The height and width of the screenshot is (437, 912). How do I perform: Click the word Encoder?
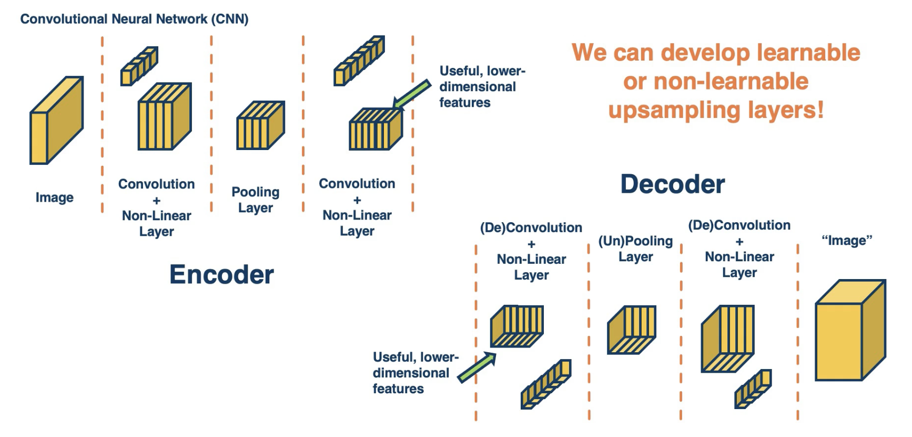(x=221, y=274)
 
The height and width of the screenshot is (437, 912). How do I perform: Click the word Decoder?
(x=672, y=184)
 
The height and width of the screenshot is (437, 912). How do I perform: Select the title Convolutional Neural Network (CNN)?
(x=134, y=19)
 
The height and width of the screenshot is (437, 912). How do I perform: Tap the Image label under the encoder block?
(x=54, y=197)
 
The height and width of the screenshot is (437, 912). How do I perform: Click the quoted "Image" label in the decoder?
(x=846, y=241)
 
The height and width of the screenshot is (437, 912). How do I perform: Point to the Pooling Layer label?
(x=255, y=200)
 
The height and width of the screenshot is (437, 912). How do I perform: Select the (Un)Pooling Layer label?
(x=635, y=249)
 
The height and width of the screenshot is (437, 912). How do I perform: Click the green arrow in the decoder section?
(x=477, y=367)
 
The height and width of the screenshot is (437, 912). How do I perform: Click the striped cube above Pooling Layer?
(x=260, y=125)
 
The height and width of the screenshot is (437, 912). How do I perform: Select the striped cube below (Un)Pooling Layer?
(x=632, y=330)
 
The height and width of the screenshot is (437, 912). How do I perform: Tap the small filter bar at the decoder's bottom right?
(x=753, y=389)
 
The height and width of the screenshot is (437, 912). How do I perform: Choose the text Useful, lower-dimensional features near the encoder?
(x=482, y=87)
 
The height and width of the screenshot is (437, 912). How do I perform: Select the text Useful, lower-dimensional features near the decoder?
(x=415, y=373)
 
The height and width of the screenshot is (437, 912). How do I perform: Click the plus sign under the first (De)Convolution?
(x=531, y=244)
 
